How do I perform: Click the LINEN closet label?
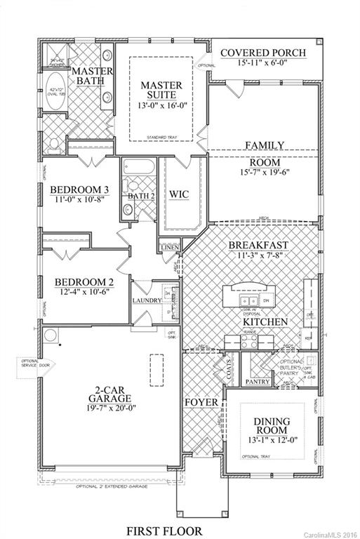pos(169,248)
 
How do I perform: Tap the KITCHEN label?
pos(265,321)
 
